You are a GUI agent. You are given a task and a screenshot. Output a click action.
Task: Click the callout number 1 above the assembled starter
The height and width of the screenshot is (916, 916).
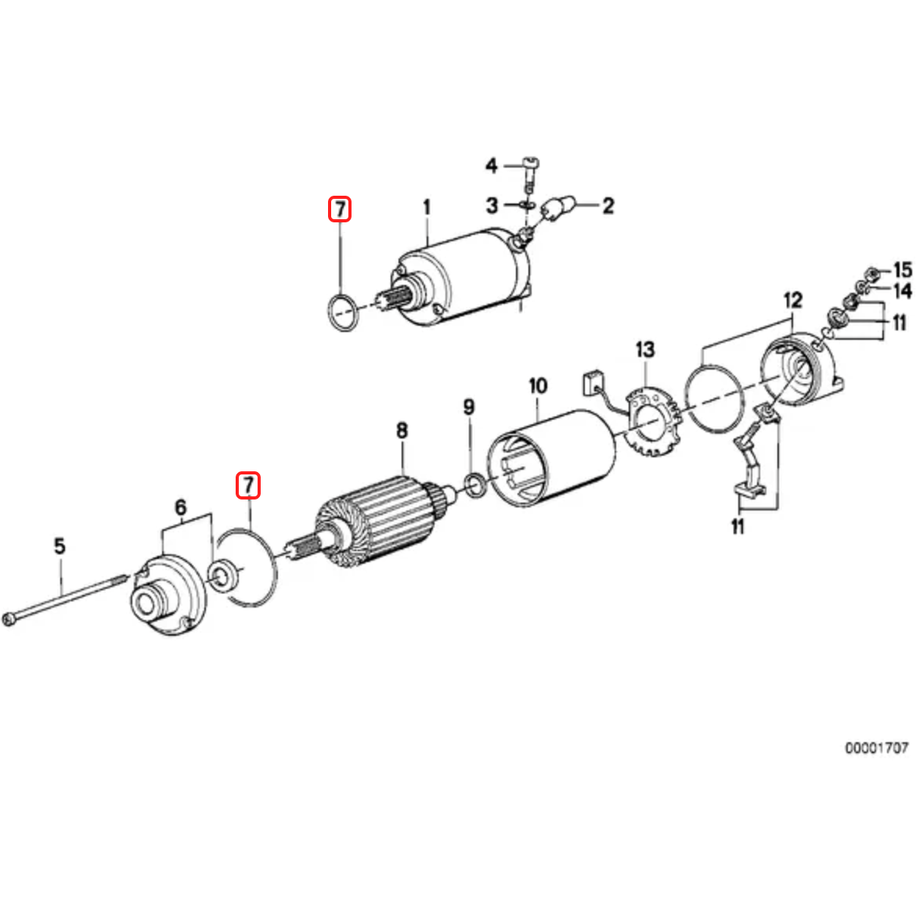[x=427, y=207]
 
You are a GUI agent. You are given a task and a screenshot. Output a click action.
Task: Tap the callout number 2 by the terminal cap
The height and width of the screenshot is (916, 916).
[x=608, y=206]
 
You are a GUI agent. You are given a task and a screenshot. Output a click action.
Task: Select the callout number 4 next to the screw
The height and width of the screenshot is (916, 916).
[x=491, y=165]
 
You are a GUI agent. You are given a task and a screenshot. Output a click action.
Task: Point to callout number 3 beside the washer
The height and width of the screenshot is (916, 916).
[x=491, y=206]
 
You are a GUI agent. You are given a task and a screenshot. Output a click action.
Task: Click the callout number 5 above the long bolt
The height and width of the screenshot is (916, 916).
[x=60, y=546]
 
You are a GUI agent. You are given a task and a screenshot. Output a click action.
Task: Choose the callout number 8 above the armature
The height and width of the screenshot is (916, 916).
[x=402, y=430]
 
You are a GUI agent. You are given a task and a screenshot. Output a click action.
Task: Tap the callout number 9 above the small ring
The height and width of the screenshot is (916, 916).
[x=468, y=407]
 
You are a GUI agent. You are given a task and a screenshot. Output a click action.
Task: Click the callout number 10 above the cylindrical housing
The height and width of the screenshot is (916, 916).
[x=538, y=386]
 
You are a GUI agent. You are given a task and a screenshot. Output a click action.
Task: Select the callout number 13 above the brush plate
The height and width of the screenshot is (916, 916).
[x=644, y=349]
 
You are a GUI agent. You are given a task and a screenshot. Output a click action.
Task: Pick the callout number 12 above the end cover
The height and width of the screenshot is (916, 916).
[x=792, y=300]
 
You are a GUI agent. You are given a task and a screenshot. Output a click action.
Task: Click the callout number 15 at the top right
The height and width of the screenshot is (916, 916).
[x=902, y=269]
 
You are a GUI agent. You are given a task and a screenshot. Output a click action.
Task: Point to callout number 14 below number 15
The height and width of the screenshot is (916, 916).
[x=902, y=291]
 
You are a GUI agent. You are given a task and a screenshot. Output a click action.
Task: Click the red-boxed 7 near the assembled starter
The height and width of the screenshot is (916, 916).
[x=340, y=209]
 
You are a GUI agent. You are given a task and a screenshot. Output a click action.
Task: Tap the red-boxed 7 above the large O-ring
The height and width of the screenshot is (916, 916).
[x=248, y=485]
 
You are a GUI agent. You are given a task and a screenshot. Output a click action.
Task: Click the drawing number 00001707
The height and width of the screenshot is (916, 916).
[x=876, y=748]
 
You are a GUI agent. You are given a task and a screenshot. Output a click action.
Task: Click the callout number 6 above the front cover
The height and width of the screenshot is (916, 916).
[x=181, y=507]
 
